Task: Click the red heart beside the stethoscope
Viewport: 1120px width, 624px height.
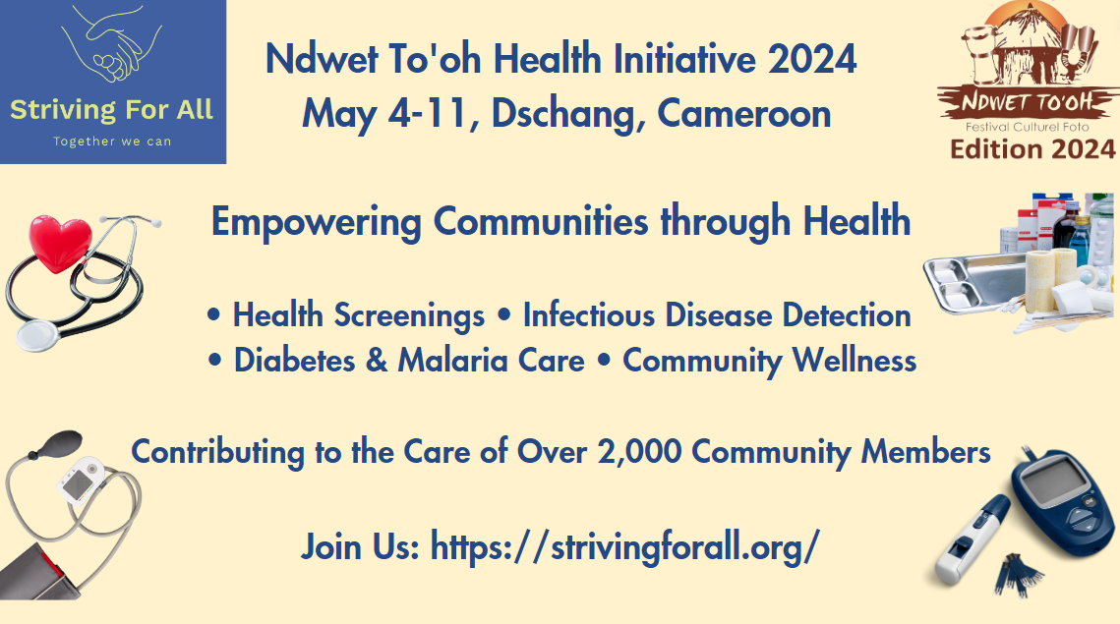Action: point(60,243)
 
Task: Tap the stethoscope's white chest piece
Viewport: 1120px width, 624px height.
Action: point(39,334)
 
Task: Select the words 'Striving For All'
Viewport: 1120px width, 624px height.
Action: point(111,110)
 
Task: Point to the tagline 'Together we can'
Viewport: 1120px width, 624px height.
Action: point(112,142)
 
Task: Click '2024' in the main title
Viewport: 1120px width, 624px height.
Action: point(812,59)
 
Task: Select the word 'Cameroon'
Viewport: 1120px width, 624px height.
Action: point(743,114)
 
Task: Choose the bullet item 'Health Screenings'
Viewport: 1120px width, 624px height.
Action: point(359,315)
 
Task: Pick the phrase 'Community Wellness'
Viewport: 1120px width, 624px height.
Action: point(769,361)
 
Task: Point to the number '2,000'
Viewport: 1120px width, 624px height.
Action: point(639,452)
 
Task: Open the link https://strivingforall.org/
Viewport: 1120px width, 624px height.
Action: point(625,547)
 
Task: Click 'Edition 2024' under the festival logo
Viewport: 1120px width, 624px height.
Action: point(1032,149)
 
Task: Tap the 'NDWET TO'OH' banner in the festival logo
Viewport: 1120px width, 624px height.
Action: point(1028,102)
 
